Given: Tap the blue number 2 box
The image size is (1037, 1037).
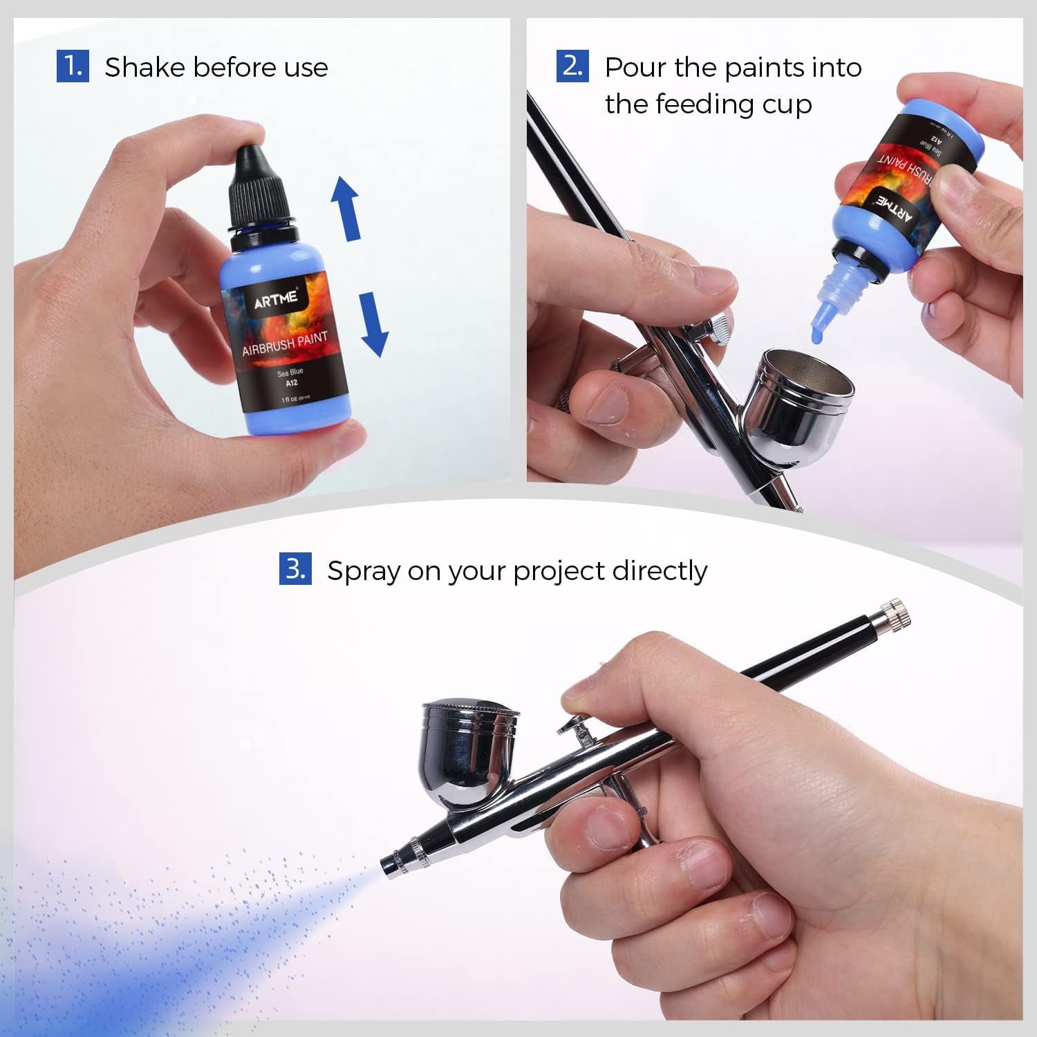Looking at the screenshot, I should (572, 66).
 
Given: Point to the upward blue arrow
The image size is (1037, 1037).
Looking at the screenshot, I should (345, 208).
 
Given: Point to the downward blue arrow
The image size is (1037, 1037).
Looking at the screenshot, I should (374, 324).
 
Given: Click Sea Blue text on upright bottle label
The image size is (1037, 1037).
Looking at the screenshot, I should (290, 372).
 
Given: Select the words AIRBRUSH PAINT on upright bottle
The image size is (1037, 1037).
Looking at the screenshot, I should (285, 343).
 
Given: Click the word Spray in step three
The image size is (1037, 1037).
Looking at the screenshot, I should (364, 572).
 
